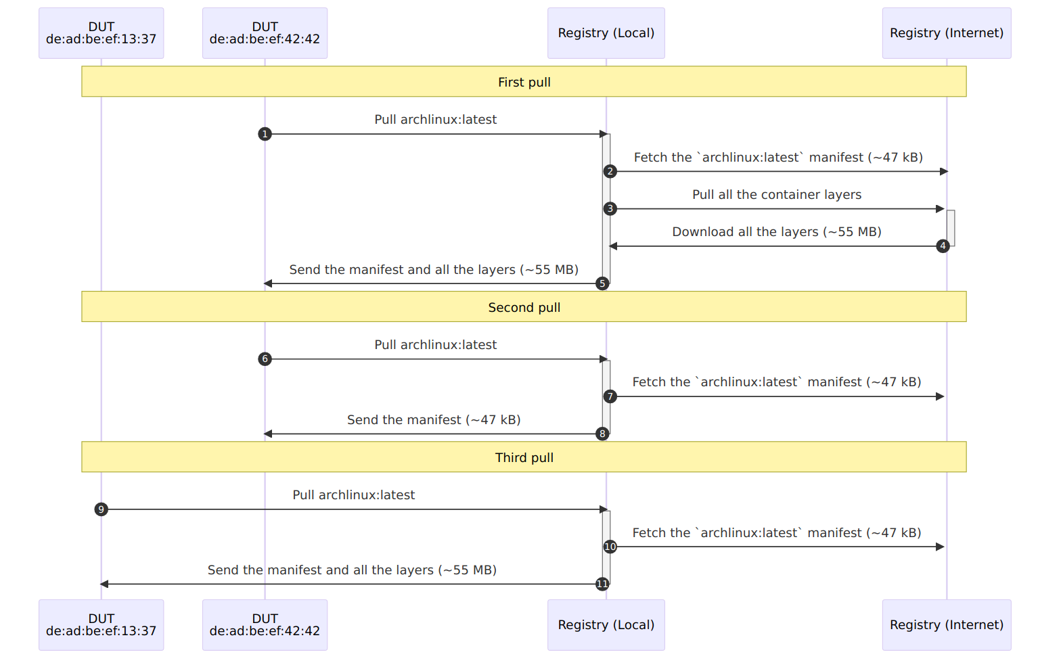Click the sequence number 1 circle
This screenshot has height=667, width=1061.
click(x=265, y=134)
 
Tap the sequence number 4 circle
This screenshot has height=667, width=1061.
click(x=943, y=246)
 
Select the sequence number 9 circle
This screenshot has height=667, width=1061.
click(x=101, y=509)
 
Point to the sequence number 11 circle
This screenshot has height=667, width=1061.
click(x=602, y=584)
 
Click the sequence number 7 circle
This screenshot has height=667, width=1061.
click(x=610, y=396)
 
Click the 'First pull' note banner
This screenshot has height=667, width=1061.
click(x=524, y=81)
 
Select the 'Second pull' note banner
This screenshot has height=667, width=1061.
click(x=524, y=306)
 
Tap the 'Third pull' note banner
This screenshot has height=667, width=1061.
click(x=524, y=457)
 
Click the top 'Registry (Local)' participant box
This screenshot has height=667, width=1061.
click(x=606, y=33)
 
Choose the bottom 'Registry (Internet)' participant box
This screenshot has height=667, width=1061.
click(x=947, y=625)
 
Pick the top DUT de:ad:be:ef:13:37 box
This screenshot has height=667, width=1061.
click(x=101, y=33)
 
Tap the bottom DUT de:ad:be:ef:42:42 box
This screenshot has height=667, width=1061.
click(x=265, y=625)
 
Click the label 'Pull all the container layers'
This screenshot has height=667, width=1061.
click(x=777, y=195)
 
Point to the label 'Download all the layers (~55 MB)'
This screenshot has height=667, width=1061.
click(x=777, y=232)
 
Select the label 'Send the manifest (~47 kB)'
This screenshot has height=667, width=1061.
click(x=434, y=420)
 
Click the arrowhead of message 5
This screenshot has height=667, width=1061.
click(x=268, y=283)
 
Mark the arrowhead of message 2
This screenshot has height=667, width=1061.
click(x=944, y=171)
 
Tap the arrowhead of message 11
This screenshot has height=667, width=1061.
click(x=104, y=584)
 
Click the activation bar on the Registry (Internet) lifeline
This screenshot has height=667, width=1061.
click(x=951, y=228)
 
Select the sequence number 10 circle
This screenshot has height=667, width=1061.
click(x=610, y=547)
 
